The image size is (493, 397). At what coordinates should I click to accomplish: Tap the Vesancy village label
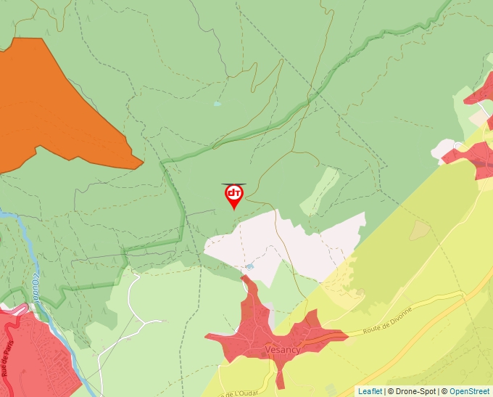pyautogui.click(x=283, y=350)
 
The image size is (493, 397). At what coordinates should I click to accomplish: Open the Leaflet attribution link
pyautogui.click(x=370, y=391)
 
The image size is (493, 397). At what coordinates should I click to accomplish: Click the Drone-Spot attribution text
pyautogui.click(x=411, y=391)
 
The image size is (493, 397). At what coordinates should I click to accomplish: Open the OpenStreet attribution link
pyautogui.click(x=471, y=391)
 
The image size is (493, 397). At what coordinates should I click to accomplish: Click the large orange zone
pyautogui.click(x=51, y=109)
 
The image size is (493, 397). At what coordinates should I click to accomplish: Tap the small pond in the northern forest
pyautogui.click(x=217, y=104)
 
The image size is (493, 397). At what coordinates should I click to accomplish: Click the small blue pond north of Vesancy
pyautogui.click(x=250, y=266)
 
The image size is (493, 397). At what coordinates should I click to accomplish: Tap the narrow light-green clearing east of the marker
pyautogui.click(x=320, y=192)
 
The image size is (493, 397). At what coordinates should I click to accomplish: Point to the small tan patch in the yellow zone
pyautogui.click(x=420, y=231)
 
